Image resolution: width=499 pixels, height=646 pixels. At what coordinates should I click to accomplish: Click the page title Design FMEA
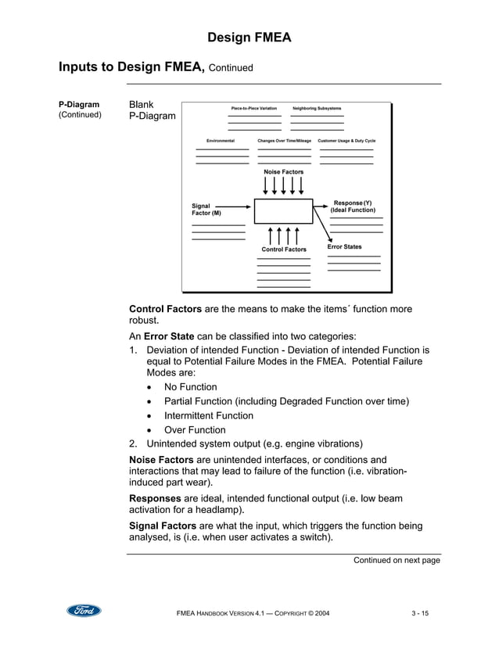249,38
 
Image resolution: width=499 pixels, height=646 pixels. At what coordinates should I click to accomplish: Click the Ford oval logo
84,611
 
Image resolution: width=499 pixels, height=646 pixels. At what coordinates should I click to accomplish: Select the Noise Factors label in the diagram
283,172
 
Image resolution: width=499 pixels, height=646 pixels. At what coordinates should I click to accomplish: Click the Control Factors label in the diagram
284,249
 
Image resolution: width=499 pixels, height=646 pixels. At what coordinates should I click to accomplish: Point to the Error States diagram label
344,247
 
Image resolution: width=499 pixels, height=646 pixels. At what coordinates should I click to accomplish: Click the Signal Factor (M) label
206,210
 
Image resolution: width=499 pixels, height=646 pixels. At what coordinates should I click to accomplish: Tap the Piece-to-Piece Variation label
253,108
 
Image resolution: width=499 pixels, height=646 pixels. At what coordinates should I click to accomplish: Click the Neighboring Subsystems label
317,108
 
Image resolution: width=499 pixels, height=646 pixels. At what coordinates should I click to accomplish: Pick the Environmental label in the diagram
221,141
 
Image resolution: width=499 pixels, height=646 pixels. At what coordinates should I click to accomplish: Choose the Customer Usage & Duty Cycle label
346,141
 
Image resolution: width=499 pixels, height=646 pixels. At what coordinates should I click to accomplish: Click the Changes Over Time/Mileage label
284,141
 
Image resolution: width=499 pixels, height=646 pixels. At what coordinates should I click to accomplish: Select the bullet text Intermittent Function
208,415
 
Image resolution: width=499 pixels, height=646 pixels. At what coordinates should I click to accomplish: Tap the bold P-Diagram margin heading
79,105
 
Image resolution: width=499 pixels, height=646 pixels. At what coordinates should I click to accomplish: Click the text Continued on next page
397,560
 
